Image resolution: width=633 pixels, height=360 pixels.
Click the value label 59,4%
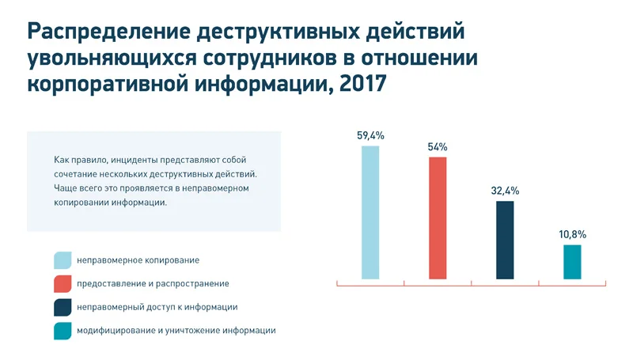click(x=370, y=135)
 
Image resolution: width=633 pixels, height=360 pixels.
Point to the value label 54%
click(x=438, y=146)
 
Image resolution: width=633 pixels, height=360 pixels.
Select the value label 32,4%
click(x=505, y=191)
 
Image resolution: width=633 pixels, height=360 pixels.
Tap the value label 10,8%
click(x=572, y=234)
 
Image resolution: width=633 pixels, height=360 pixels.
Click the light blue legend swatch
click(x=63, y=260)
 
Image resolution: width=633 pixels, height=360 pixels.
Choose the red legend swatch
click(x=63, y=283)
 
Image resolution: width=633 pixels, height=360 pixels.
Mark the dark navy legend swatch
click(x=63, y=307)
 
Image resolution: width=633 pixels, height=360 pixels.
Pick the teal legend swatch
click(x=63, y=330)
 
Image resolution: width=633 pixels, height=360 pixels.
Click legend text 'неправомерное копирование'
click(x=138, y=260)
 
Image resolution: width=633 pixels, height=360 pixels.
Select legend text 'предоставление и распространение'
click(x=153, y=283)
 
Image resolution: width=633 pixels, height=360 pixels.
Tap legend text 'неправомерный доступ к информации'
click(x=157, y=307)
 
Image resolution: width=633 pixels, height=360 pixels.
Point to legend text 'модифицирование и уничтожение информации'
click(x=176, y=330)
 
